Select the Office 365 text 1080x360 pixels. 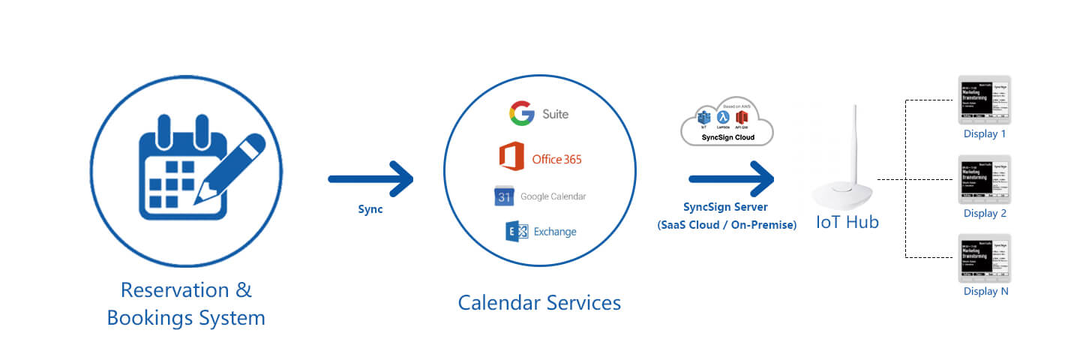[556, 159]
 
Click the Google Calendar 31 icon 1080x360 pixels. [503, 196]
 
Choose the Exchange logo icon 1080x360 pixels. [517, 232]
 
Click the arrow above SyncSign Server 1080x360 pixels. [730, 178]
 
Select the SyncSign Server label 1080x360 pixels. [726, 208]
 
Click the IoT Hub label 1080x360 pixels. [848, 223]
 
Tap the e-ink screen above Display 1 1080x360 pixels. [985, 100]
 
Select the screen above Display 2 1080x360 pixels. [985, 179]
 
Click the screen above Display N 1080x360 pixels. [985, 258]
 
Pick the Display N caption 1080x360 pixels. [985, 292]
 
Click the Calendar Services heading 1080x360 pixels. [539, 303]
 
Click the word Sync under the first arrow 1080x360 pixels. [370, 210]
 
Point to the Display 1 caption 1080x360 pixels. [985, 134]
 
